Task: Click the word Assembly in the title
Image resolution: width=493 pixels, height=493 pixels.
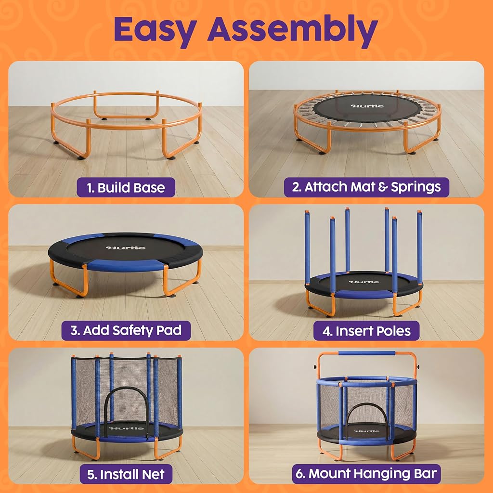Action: pos(292,30)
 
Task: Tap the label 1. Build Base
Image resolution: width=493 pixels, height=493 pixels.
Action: pos(126,187)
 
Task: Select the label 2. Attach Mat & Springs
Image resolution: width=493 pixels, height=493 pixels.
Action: pos(366,187)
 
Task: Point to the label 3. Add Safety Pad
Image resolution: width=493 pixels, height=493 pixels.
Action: pos(126,330)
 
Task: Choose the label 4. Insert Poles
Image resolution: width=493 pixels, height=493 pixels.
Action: pos(366,330)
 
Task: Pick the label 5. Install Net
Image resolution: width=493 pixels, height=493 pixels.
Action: pos(126,474)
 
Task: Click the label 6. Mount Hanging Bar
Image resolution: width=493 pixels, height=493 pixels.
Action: pos(366,474)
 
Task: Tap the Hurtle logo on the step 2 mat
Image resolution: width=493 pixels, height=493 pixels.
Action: pos(367,106)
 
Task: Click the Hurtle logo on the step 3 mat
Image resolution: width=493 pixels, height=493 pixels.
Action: pos(126,248)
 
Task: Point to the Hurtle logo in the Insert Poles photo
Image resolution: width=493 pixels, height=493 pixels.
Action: pos(364,282)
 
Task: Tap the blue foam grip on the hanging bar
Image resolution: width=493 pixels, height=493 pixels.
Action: pos(366,353)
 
